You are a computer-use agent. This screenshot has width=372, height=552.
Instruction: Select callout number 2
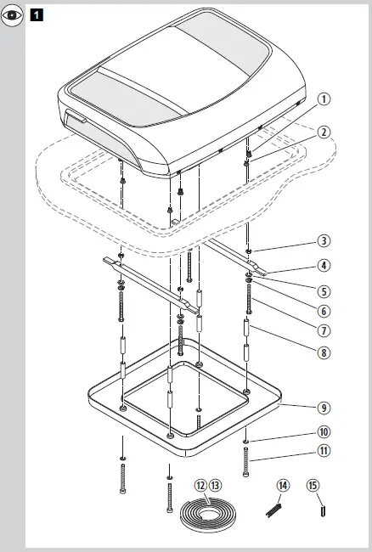(324, 132)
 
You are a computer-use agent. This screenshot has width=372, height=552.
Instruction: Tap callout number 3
(324, 241)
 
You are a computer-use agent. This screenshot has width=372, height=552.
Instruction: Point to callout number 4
(324, 265)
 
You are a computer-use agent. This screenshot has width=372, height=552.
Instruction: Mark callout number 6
(324, 310)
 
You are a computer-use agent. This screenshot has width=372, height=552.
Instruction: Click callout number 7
(324, 330)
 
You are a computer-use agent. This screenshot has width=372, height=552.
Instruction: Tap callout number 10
(324, 432)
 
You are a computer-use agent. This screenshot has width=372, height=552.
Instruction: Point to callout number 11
(324, 450)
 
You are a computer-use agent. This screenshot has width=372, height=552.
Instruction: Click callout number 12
(200, 485)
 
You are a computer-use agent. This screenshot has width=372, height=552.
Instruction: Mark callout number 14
(283, 485)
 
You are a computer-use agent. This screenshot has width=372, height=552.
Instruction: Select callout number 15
(313, 485)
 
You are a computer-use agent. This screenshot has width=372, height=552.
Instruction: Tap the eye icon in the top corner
(12, 16)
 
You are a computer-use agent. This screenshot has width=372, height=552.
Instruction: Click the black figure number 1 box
(37, 15)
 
